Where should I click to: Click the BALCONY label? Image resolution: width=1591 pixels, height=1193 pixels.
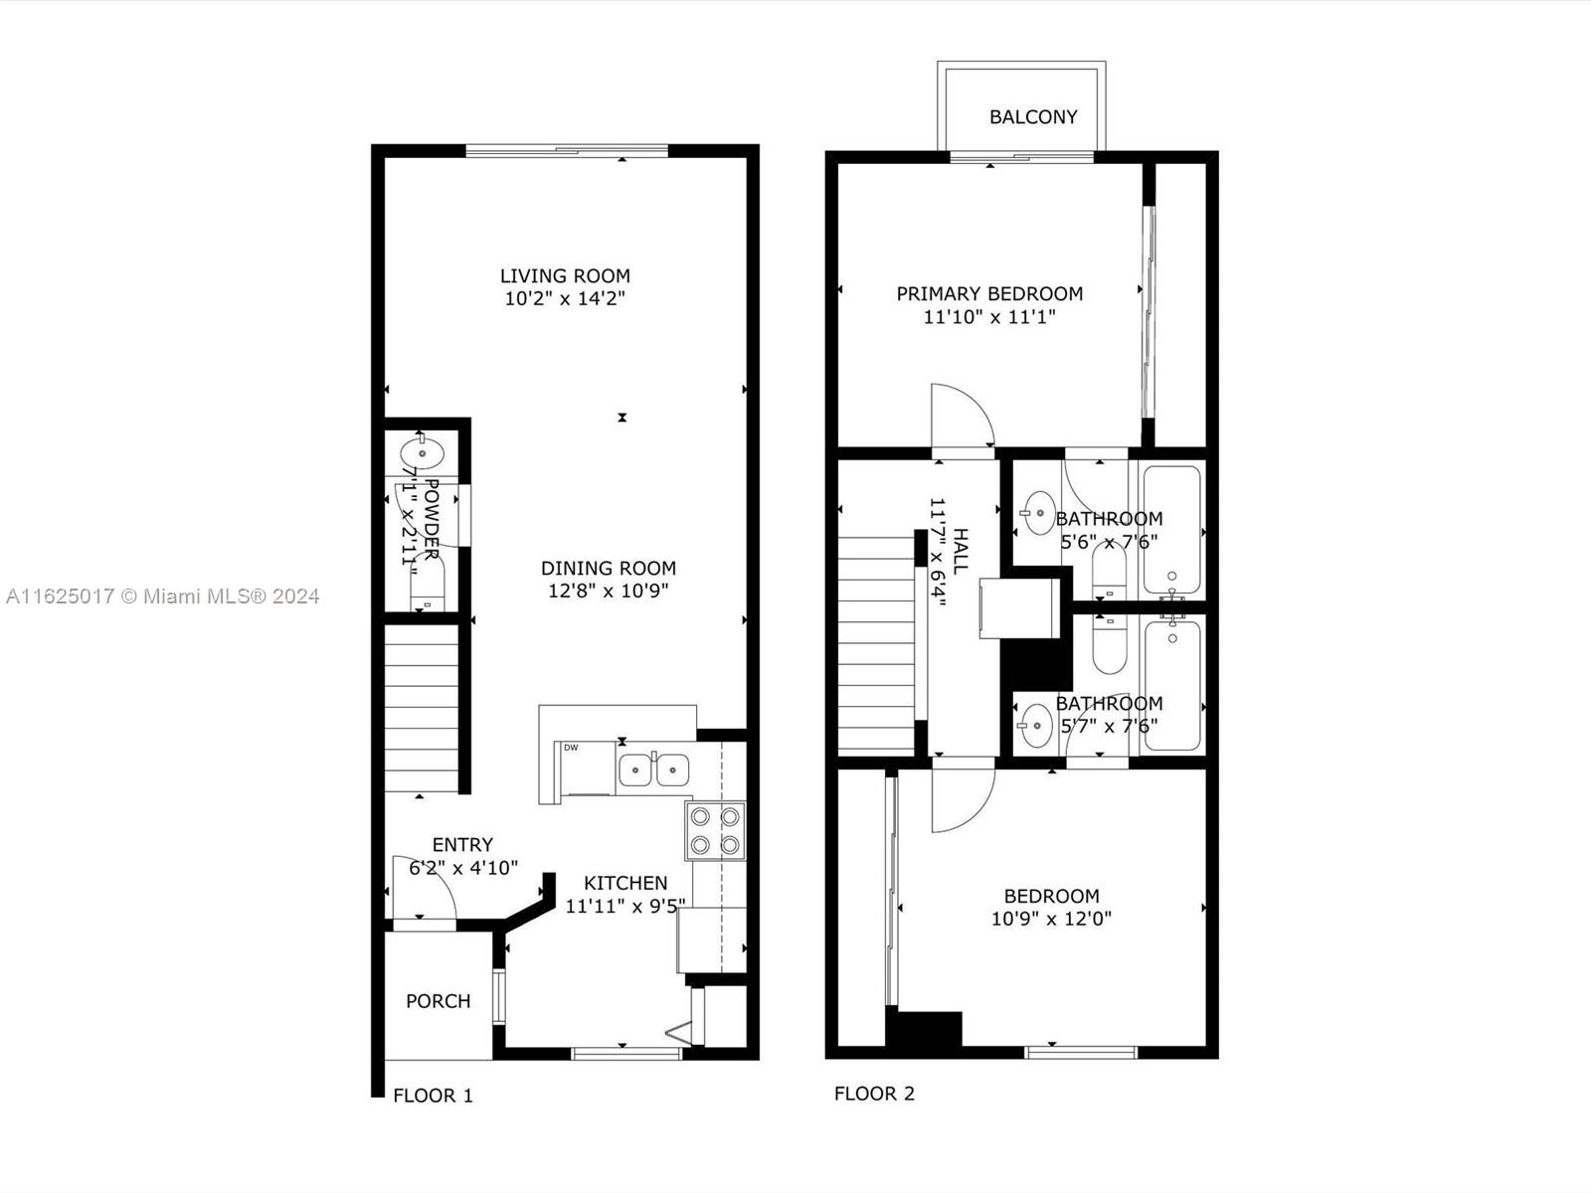[1033, 116]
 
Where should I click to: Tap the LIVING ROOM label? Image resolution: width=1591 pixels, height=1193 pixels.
[565, 276]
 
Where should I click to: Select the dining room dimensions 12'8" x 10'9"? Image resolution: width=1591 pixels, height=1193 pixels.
[609, 592]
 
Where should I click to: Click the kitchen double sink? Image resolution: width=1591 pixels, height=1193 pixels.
[654, 769]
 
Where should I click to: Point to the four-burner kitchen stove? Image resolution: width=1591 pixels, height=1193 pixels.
[715, 831]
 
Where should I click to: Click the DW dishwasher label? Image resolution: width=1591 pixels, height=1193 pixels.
[571, 748]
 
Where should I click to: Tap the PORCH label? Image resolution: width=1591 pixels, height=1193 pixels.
[438, 1001]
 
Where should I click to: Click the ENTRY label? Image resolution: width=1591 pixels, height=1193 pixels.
[462, 845]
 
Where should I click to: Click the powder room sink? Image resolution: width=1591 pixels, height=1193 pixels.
[422, 453]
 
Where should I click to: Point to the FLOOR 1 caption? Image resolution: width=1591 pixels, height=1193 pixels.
[433, 1096]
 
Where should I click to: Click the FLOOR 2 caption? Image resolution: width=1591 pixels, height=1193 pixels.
[874, 1093]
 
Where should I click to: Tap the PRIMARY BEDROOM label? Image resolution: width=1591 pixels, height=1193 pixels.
[989, 294]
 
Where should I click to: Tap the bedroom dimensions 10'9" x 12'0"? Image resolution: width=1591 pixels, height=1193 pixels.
[1051, 919]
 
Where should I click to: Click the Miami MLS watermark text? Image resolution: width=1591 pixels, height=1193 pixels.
[162, 596]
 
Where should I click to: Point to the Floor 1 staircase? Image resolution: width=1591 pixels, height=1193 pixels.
[422, 709]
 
